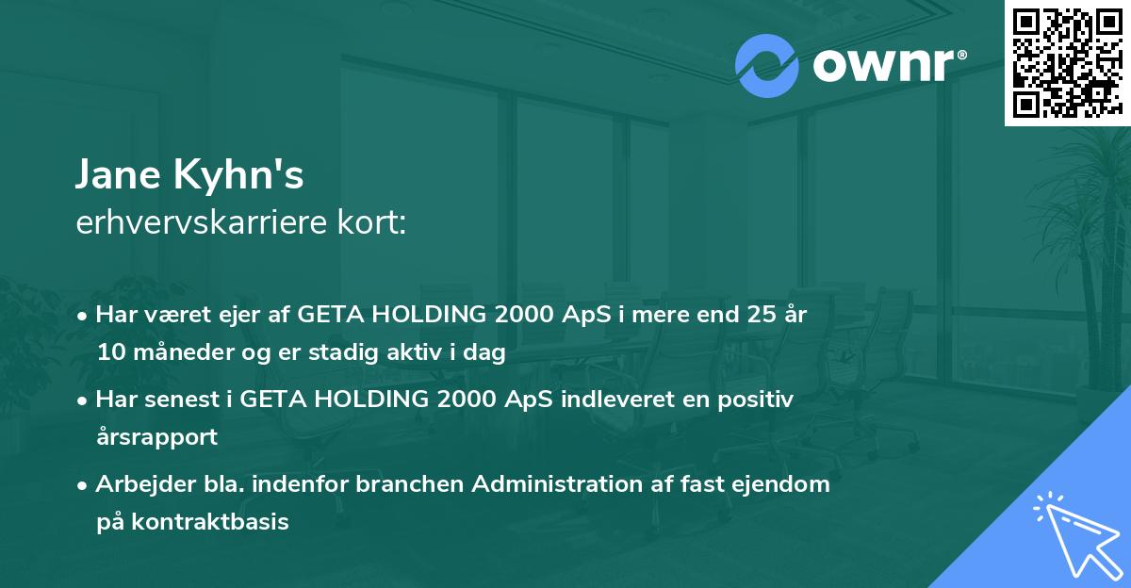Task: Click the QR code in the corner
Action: (1068, 62)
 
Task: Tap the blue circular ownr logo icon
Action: (767, 66)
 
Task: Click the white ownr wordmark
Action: (890, 65)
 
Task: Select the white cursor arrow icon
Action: (1078, 535)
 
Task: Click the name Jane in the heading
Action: (118, 174)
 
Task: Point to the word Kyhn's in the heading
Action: (238, 173)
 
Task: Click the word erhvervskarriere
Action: (202, 222)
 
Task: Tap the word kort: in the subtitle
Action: (372, 222)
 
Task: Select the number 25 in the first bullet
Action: (762, 314)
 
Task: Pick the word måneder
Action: (185, 351)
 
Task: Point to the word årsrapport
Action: (157, 437)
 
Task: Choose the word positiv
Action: (755, 399)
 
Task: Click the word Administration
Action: (557, 483)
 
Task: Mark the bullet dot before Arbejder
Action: (82, 486)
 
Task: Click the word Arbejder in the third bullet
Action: (145, 485)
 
